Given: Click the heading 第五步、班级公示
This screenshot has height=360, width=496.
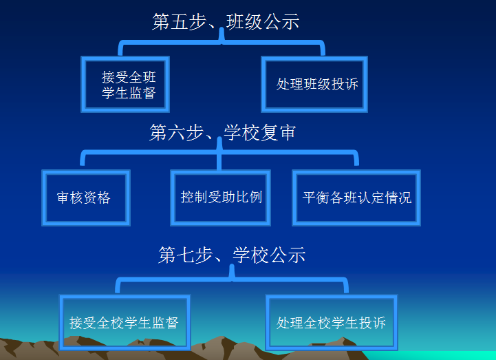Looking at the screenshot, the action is [x=226, y=21].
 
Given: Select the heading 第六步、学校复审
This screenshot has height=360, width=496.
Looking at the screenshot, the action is [x=223, y=132].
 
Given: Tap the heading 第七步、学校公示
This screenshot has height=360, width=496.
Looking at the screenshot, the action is [x=232, y=255].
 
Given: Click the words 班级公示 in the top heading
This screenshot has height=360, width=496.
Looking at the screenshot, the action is [x=263, y=21].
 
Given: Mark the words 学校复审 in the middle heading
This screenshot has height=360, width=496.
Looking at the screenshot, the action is [x=260, y=132].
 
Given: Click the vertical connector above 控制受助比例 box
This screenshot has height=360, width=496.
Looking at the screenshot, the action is [x=219, y=162].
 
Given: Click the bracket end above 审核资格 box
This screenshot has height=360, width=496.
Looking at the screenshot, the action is [x=83, y=163].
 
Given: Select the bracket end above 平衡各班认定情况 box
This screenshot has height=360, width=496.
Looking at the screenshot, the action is [x=356, y=163].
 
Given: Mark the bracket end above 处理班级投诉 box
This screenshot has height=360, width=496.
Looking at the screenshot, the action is [x=323, y=54].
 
